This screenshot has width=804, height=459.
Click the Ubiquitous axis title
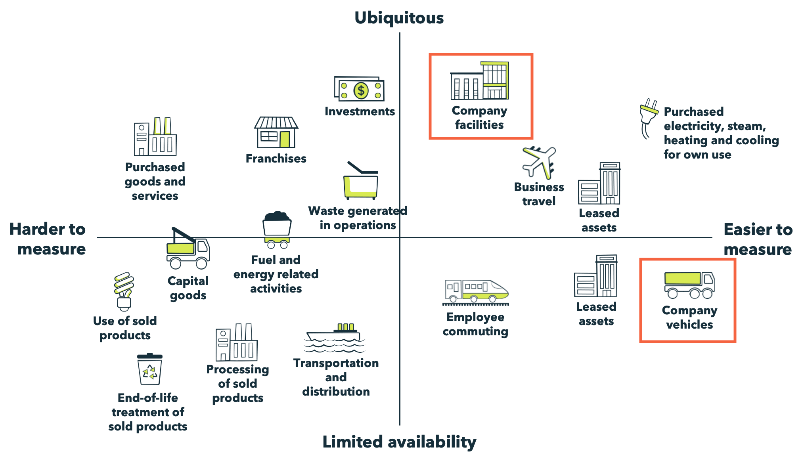(399, 18)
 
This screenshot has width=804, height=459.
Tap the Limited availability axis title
(399, 442)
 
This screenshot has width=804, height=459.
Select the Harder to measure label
(48, 239)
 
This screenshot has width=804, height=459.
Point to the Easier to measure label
(758, 239)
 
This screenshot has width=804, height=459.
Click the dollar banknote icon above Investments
(359, 89)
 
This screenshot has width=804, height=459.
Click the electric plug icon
(648, 117)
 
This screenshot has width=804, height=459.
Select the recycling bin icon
(150, 369)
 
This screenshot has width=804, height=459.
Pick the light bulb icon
(124, 291)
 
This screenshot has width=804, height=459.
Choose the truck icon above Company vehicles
(689, 285)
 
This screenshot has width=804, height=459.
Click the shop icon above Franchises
(276, 132)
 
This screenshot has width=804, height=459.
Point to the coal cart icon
(277, 229)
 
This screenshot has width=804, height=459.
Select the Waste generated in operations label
(358, 218)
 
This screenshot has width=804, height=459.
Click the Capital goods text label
(188, 288)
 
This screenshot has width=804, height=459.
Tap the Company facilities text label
(479, 118)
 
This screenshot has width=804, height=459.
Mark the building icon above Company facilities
(479, 81)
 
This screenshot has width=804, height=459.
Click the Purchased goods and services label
(155, 181)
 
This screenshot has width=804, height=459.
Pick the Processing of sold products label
(237, 383)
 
